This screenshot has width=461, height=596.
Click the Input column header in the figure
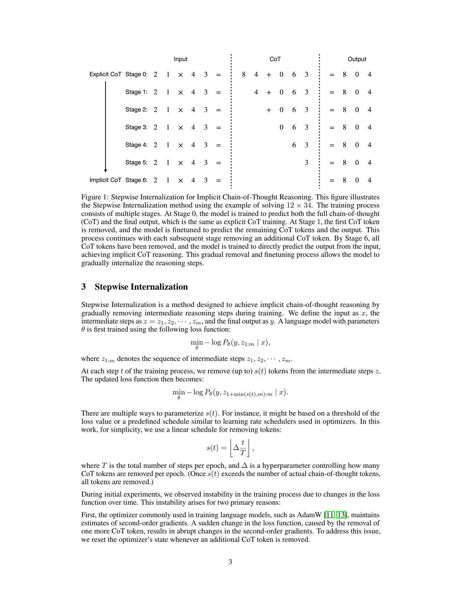[x=181, y=59]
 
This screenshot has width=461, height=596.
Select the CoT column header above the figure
[x=275, y=59]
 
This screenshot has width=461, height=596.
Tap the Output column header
[x=357, y=59]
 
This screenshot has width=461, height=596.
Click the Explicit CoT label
[x=105, y=74]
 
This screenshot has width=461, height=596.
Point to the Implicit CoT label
[x=105, y=180]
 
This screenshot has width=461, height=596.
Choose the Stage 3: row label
[x=136, y=127]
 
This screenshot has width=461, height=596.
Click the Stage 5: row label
[x=136, y=162]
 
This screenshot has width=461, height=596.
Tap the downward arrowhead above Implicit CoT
[x=106, y=171]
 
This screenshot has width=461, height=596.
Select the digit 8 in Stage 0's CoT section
[x=244, y=74]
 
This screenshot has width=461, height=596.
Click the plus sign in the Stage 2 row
[x=269, y=110]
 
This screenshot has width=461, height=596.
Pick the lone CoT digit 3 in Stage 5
[x=306, y=163]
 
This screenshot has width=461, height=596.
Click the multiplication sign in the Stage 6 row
[x=181, y=180]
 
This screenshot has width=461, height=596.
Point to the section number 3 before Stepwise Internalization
[x=84, y=287]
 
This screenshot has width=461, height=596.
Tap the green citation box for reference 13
[x=341, y=515]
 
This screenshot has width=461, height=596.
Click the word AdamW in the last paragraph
[x=310, y=515]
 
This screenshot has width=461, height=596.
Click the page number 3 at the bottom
[x=230, y=562]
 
